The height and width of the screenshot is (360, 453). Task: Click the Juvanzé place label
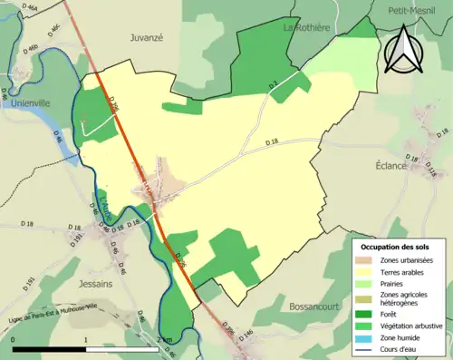click(145, 39)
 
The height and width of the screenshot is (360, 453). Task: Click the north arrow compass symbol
click(402, 50)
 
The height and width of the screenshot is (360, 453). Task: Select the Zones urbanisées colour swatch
click(363, 261)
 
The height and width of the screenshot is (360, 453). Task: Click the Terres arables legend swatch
click(363, 272)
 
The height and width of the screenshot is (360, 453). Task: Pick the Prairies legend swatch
click(363, 284)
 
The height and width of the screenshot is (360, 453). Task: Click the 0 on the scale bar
click(14, 340)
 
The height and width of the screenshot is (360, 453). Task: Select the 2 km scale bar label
click(162, 340)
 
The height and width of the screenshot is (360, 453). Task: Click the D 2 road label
click(272, 84)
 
